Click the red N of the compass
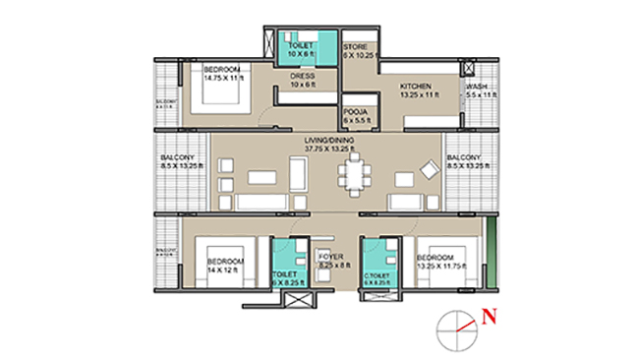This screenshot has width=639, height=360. tap(488, 317)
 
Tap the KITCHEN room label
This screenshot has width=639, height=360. tap(415, 87)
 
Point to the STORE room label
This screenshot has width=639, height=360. tap(354, 47)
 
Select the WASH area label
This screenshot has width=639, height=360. tap(479, 87)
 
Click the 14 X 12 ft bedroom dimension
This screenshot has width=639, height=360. tap(222, 270)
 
